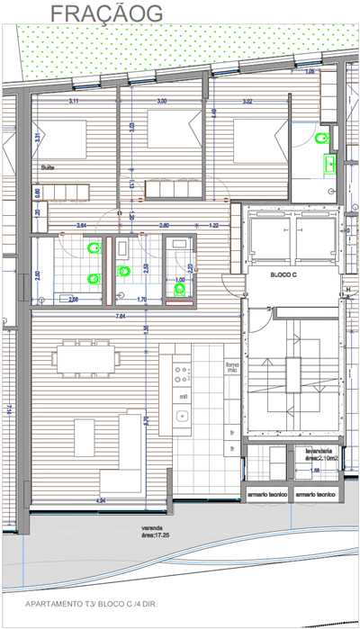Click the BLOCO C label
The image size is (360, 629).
pyautogui.click(x=287, y=274)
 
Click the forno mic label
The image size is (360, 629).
pyautogui.click(x=231, y=366)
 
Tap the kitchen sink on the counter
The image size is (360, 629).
pyautogui.click(x=183, y=417)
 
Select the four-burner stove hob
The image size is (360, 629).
pyautogui.click(x=183, y=371)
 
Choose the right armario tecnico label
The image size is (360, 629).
pyautogui.click(x=316, y=495)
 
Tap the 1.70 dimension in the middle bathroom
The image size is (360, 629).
pyautogui.click(x=140, y=300)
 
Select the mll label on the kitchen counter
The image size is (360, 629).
pyautogui.click(x=183, y=396)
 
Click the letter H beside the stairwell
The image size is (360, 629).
pyautogui.click(x=347, y=290)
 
